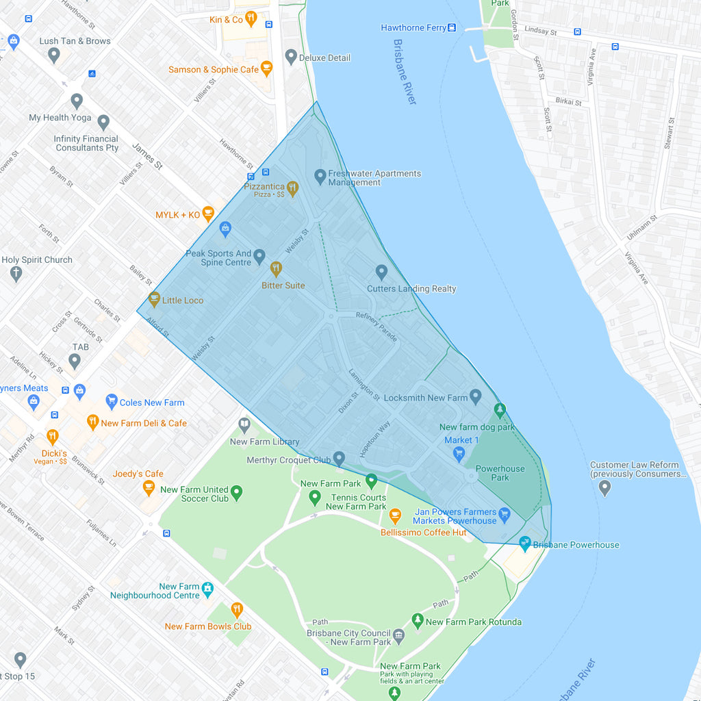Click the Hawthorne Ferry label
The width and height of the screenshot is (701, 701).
413,28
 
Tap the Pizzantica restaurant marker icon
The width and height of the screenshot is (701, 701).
292,188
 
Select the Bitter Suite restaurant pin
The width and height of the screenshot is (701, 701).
276,268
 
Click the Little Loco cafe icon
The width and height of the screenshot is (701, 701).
154,299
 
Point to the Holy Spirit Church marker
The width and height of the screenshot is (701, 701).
16,273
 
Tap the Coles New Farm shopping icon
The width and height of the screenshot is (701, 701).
112,402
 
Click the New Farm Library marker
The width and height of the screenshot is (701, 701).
244,425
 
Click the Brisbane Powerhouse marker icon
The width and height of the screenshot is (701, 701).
525,544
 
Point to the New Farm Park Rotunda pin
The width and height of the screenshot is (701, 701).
418,620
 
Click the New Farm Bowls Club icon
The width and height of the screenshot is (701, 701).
237,609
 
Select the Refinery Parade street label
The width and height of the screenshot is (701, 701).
376,327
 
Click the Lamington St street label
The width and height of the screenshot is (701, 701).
364,385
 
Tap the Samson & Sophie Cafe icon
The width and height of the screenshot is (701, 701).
267,68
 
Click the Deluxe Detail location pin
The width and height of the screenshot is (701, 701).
291,57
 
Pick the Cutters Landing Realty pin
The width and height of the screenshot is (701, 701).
381,272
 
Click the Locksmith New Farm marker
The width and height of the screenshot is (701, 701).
476,396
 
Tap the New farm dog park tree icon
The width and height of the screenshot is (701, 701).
500,410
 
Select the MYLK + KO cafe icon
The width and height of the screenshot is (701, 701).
209,214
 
